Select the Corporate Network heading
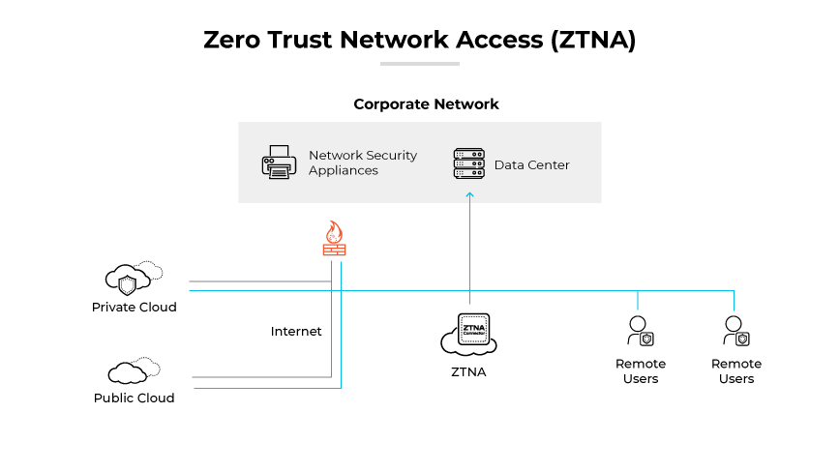click(x=426, y=104)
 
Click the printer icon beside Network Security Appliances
click(x=279, y=162)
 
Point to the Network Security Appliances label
click(x=362, y=162)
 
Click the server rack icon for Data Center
click(x=468, y=163)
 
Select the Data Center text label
click(x=531, y=164)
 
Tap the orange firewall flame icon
click(x=334, y=238)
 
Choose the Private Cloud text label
click(x=135, y=308)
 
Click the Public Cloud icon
click(x=131, y=371)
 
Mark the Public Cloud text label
click(x=135, y=398)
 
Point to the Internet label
click(x=296, y=332)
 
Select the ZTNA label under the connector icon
click(x=468, y=371)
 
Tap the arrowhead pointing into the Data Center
click(x=469, y=195)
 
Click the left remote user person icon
click(x=640, y=331)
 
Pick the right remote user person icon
click(x=735, y=331)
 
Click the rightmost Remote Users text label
click(x=735, y=371)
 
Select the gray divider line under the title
click(x=419, y=64)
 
